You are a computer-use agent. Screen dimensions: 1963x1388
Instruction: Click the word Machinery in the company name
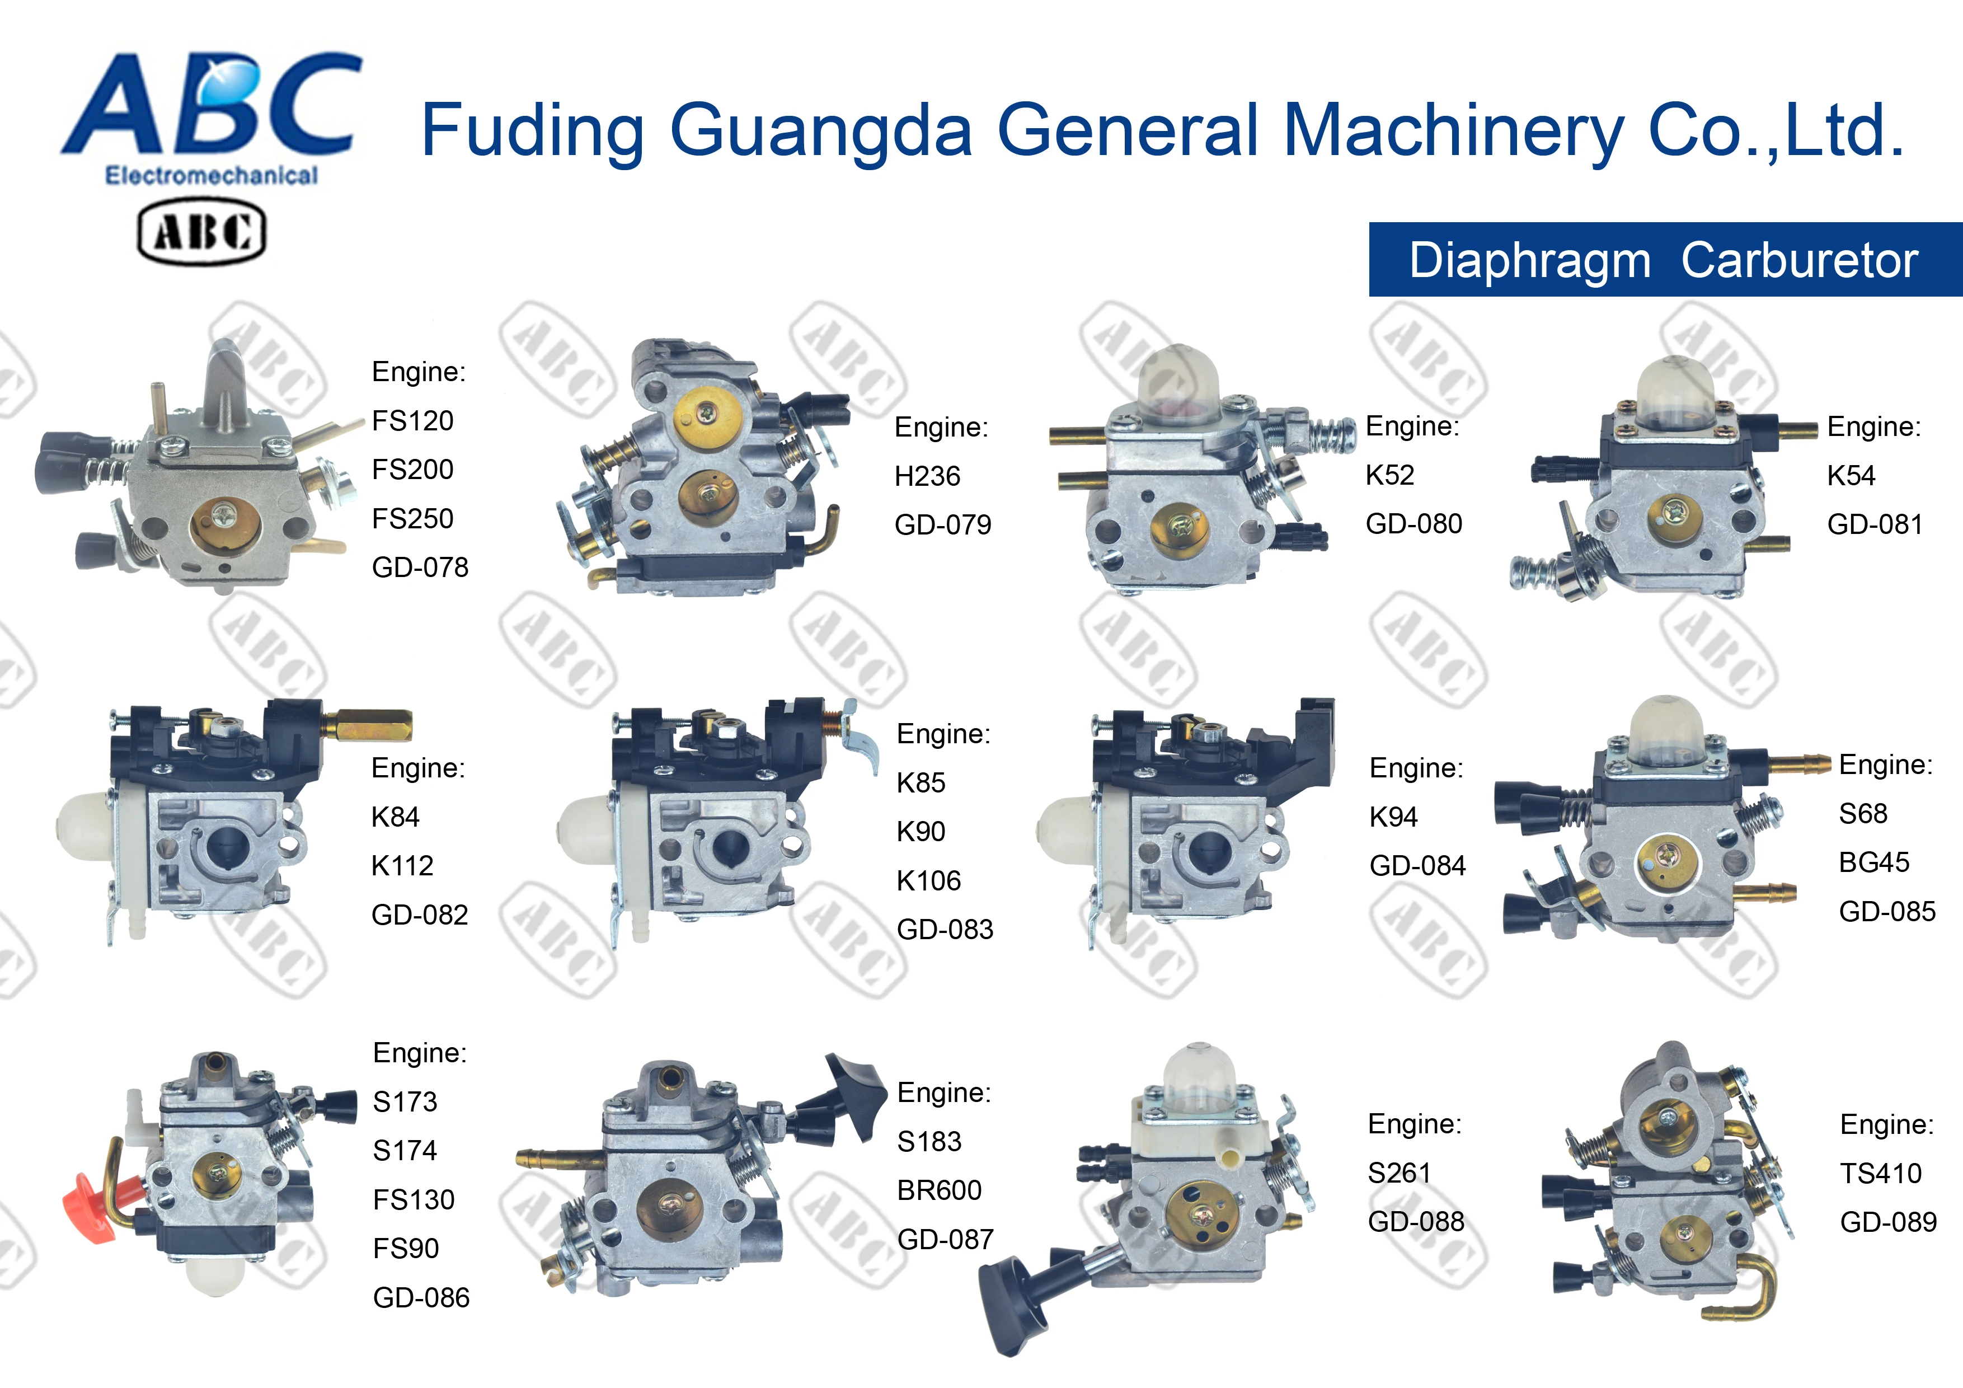pyautogui.click(x=1453, y=130)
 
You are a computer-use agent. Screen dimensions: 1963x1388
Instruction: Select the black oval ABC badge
pyautogui.click(x=202, y=231)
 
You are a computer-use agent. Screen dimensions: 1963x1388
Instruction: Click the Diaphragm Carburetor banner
pyautogui.click(x=1664, y=260)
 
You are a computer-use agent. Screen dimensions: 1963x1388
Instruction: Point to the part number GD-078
pyautogui.click(x=420, y=567)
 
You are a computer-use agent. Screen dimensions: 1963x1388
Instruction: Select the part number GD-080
pyautogui.click(x=1413, y=523)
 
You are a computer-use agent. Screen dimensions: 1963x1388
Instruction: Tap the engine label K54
pyautogui.click(x=1851, y=476)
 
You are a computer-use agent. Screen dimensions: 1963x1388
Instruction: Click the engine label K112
pyautogui.click(x=402, y=865)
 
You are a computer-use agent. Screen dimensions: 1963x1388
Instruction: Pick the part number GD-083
pyautogui.click(x=945, y=930)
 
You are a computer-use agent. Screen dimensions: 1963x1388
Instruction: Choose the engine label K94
pyautogui.click(x=1393, y=817)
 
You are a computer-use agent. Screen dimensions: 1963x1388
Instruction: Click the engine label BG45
pyautogui.click(x=1873, y=862)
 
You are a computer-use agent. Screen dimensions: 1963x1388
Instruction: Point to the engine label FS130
pyautogui.click(x=413, y=1200)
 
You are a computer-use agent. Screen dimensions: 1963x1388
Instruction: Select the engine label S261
pyautogui.click(x=1399, y=1173)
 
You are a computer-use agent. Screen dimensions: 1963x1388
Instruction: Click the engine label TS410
pyautogui.click(x=1880, y=1173)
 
